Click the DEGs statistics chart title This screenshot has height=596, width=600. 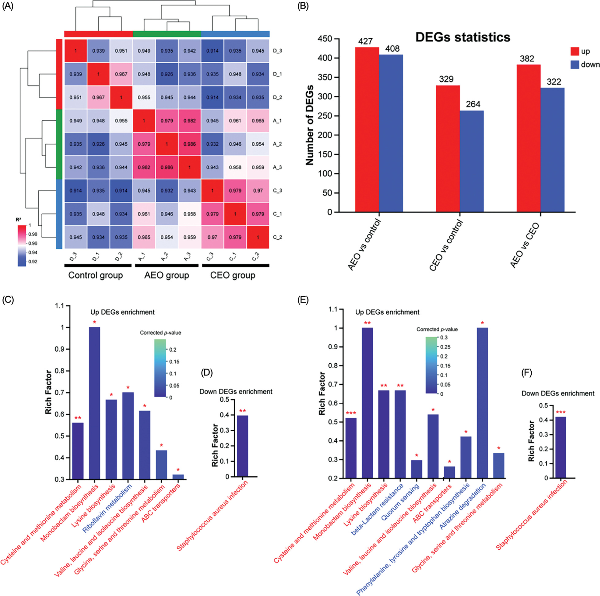coord(463,37)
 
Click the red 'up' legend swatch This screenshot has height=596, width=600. coord(575,51)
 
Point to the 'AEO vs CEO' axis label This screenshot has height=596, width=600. coord(525,245)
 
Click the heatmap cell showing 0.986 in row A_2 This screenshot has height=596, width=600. coord(189,144)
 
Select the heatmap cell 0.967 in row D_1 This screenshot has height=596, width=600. coord(121,74)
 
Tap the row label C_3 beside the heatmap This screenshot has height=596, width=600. coord(277,191)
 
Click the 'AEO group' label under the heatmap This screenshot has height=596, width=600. coord(166,275)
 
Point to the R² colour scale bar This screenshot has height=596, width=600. coord(22,246)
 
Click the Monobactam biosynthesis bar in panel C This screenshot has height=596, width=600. coord(94,403)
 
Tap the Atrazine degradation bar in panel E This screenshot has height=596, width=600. coord(482,403)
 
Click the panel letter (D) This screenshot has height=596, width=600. coord(207,373)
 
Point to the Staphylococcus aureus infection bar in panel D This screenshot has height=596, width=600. coord(243,446)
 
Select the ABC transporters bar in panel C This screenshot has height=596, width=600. coord(178,477)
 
